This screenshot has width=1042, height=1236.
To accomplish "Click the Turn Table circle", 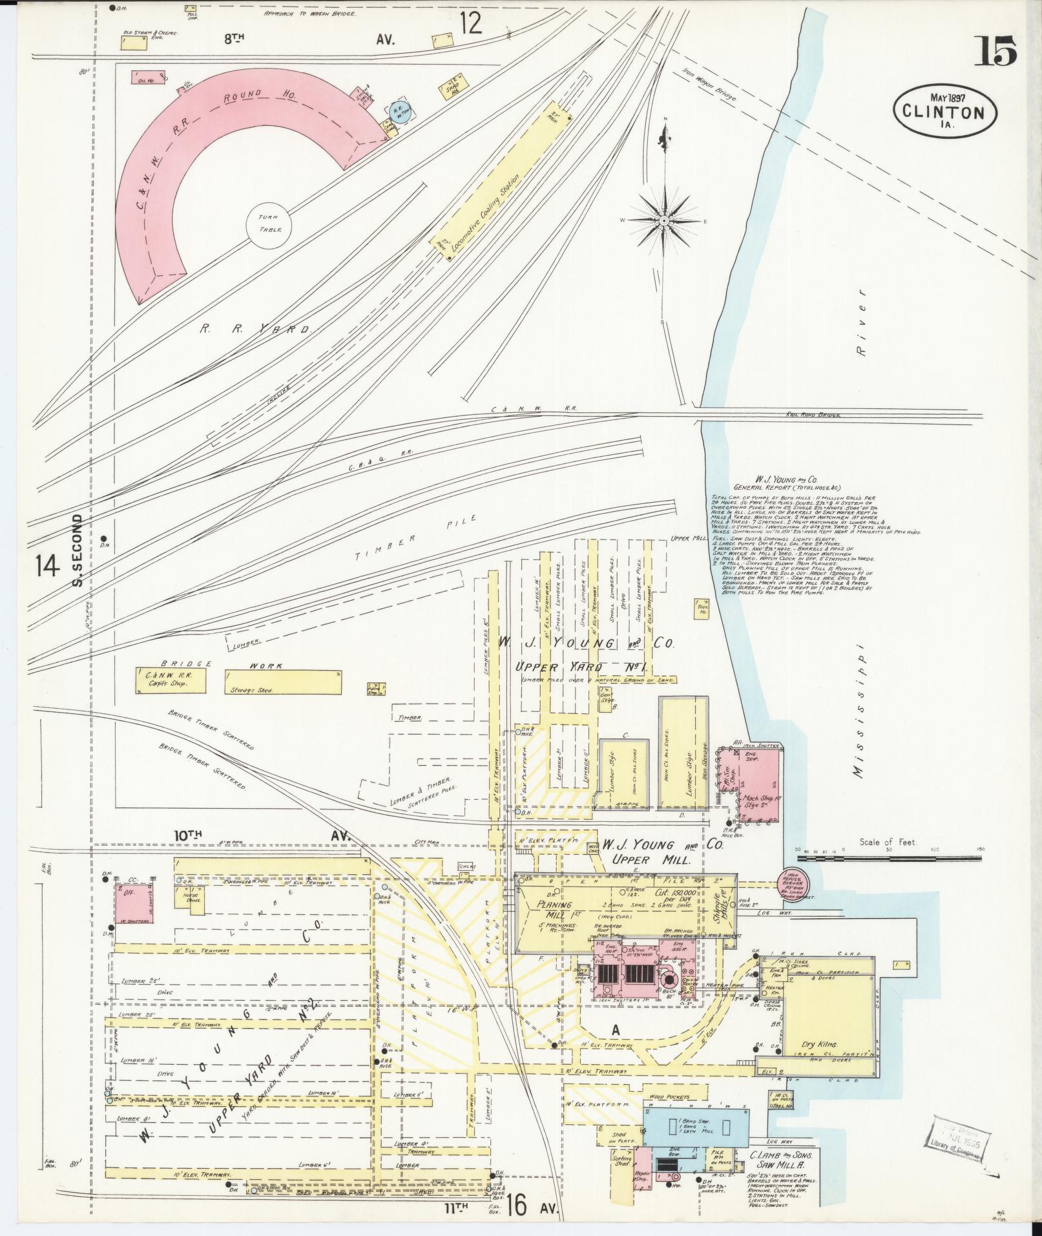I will click(x=268, y=225).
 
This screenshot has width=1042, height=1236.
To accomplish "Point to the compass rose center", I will click(x=663, y=221).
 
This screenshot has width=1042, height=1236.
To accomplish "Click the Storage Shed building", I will click(x=283, y=681).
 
